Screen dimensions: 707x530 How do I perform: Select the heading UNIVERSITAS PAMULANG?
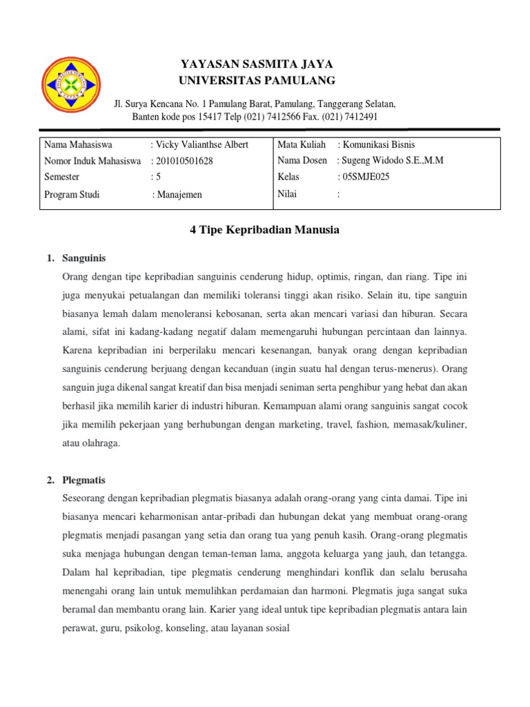click(257, 81)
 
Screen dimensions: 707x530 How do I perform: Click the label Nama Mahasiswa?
click(78, 145)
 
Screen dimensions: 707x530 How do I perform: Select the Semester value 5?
click(157, 177)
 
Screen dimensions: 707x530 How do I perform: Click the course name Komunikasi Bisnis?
click(376, 145)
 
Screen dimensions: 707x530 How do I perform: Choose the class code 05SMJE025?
click(364, 177)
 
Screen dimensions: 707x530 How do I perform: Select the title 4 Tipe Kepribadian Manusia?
click(264, 230)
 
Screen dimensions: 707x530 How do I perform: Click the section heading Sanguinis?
click(84, 258)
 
